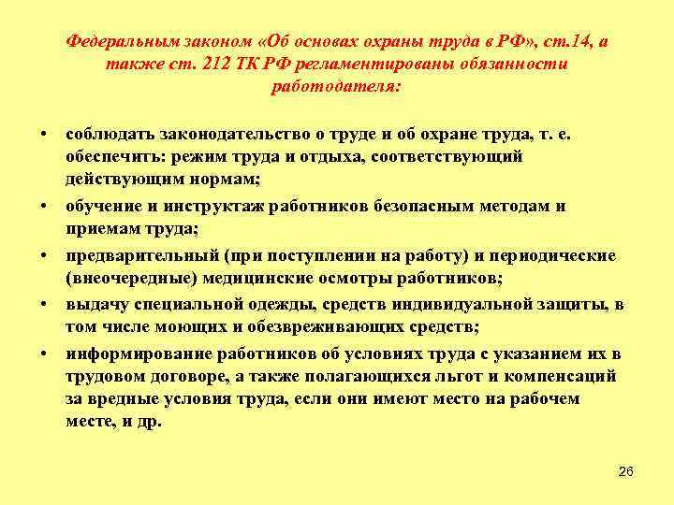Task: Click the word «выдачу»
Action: pyautogui.click(x=95, y=304)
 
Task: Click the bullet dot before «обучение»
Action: pyautogui.click(x=45, y=206)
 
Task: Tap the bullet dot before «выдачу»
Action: pyautogui.click(x=45, y=304)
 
